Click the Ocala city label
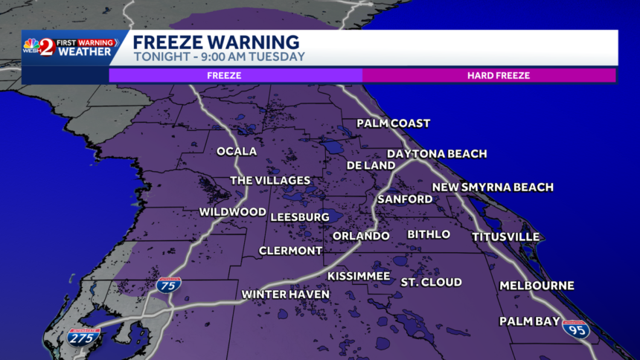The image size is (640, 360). click(237, 152)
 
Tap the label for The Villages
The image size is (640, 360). click(270, 181)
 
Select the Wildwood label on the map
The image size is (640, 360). click(232, 212)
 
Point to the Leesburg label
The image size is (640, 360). click(299, 216)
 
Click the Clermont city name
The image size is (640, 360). click(290, 251)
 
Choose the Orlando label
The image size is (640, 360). click(361, 236)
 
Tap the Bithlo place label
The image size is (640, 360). click(429, 234)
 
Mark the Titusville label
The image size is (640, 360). click(505, 237)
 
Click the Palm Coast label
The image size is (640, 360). click(393, 123)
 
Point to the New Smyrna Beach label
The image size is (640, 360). click(493, 187)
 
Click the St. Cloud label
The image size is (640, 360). click(431, 282)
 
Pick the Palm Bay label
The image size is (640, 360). click(528, 321)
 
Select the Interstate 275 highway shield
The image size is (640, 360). click(83, 337)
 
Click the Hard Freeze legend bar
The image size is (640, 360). click(489, 75)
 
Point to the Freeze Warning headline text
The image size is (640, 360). click(216, 42)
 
